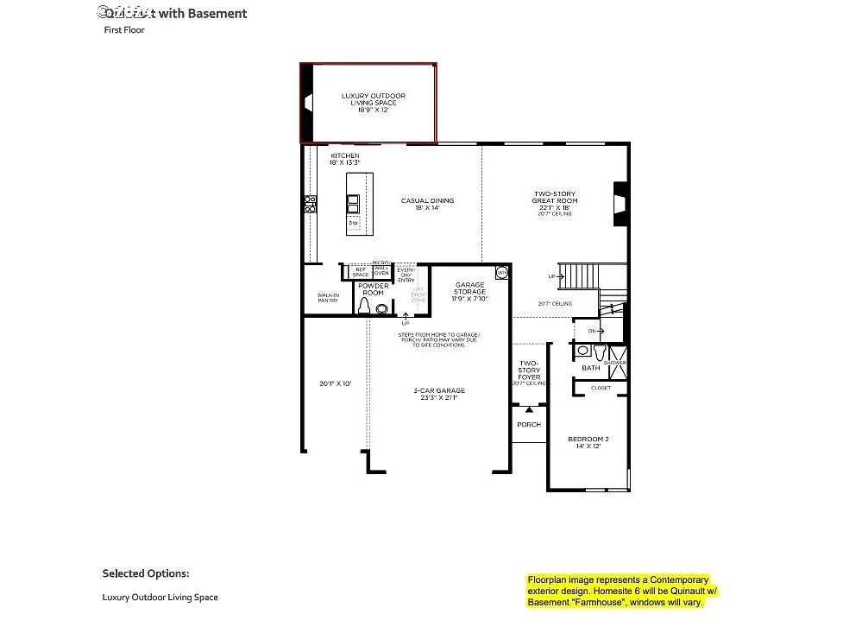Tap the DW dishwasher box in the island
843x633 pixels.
[x=353, y=224]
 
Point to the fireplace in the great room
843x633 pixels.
[x=619, y=205]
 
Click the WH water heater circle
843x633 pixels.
[x=502, y=273]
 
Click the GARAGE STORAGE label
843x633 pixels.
[x=469, y=292]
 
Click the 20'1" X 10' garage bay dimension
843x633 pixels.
[x=336, y=383]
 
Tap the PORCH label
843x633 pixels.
[x=529, y=424]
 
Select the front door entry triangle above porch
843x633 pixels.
[x=529, y=408]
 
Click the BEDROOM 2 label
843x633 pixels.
[x=588, y=442]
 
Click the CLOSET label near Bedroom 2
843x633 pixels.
[x=601, y=388]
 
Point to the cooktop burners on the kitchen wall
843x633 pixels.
[x=310, y=204]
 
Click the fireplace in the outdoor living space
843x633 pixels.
[x=306, y=103]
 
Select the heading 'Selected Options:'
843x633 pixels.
[x=146, y=573]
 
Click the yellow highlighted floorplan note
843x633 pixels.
[x=621, y=592]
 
